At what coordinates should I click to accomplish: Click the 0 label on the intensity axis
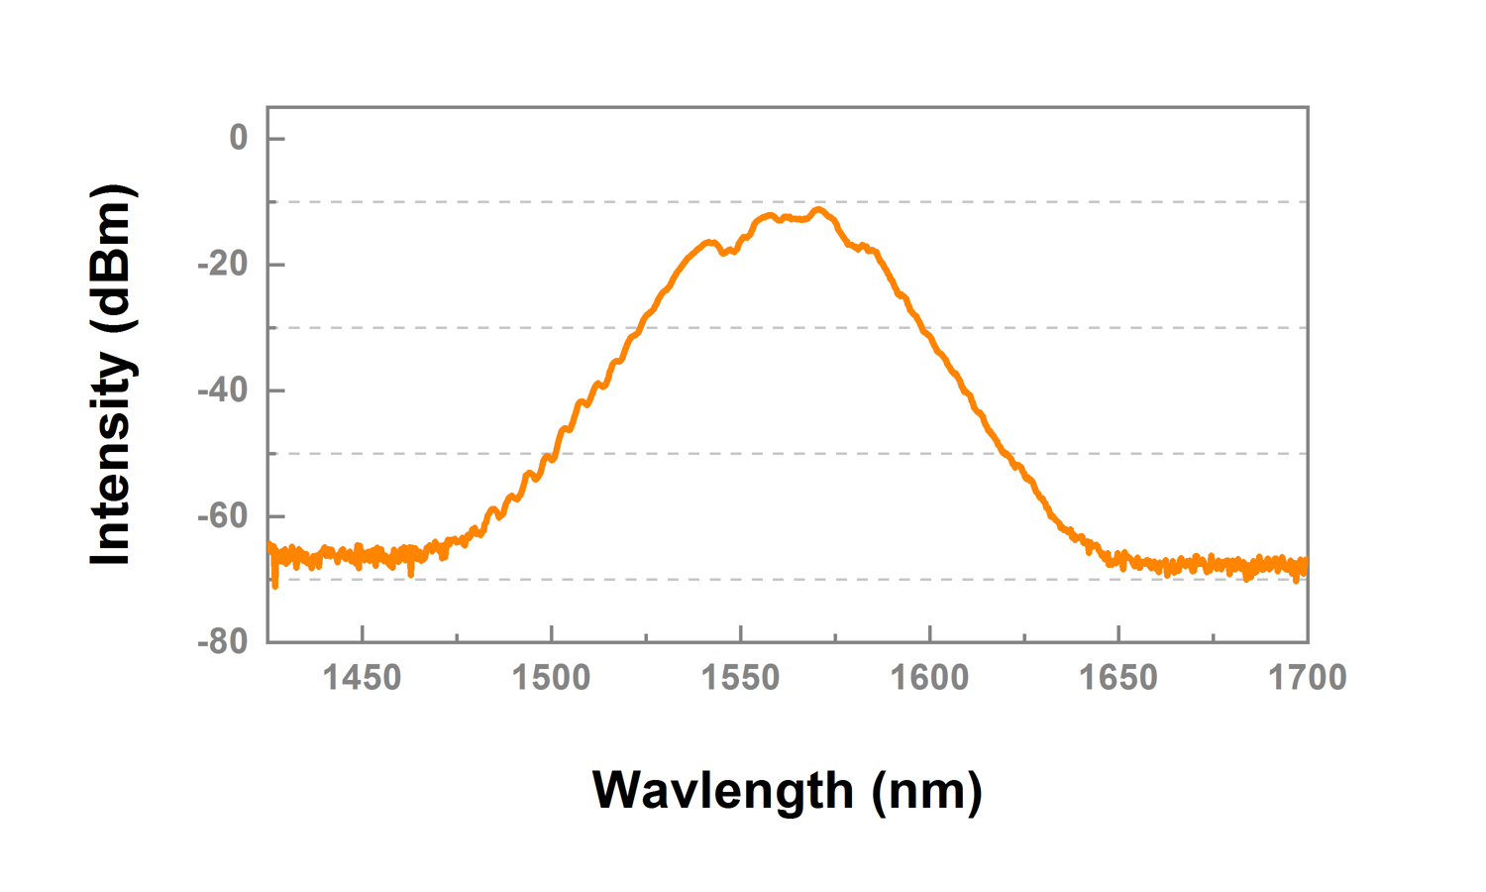(x=238, y=138)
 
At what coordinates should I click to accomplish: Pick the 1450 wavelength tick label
(x=363, y=678)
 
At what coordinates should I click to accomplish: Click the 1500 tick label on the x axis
(x=551, y=678)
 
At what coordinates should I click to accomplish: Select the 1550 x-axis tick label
(x=740, y=678)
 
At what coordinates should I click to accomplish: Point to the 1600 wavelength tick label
(x=929, y=678)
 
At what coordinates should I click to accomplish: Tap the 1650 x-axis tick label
(x=1118, y=678)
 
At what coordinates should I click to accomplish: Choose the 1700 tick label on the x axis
(x=1308, y=678)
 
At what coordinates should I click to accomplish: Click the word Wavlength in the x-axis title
(x=722, y=791)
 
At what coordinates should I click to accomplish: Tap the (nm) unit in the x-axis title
(x=927, y=791)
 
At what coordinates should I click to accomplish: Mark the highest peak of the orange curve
(x=818, y=209)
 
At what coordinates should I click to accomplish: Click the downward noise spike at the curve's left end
(x=275, y=585)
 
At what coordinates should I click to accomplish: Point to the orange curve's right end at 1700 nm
(x=1306, y=567)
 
